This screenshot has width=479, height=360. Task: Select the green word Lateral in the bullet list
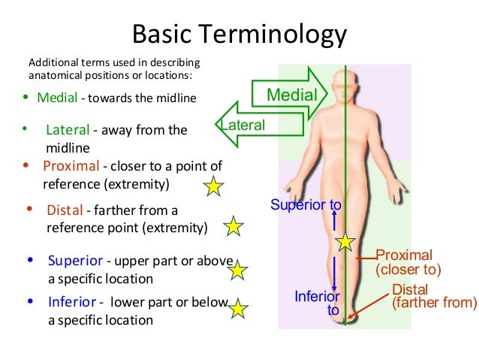(x=67, y=129)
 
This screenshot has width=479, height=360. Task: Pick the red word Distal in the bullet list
(x=63, y=210)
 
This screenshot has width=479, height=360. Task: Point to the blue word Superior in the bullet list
(x=75, y=261)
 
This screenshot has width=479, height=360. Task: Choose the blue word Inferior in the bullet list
(x=72, y=302)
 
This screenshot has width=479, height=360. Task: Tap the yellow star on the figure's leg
(x=345, y=242)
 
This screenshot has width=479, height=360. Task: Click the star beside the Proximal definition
(x=214, y=186)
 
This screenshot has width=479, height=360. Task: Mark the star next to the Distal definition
(x=233, y=225)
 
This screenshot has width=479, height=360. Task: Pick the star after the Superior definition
(x=238, y=270)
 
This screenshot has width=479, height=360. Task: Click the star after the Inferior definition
(x=238, y=308)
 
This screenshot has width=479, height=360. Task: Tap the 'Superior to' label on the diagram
(x=306, y=204)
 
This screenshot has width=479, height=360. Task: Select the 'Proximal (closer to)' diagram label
(x=408, y=262)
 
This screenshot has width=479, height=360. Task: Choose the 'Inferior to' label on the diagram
(x=316, y=302)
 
